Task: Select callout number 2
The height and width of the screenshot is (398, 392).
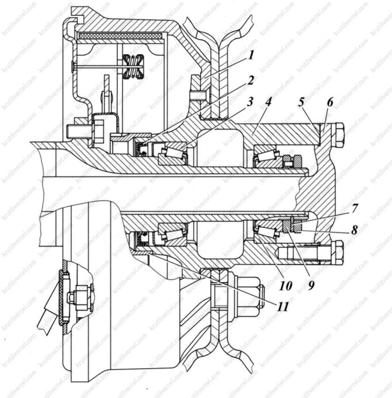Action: click(251, 80)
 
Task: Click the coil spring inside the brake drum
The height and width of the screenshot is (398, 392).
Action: click(133, 66)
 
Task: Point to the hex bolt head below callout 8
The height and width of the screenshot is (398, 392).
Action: click(336, 252)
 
